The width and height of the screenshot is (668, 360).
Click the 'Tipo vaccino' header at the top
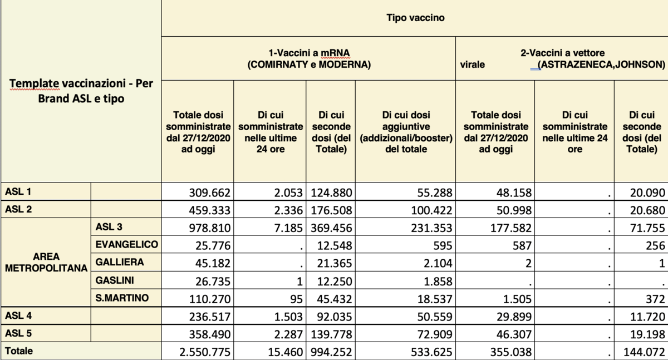click(415, 18)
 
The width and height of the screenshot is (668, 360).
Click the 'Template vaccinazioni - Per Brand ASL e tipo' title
click(81, 91)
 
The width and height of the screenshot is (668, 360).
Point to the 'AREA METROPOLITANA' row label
click(46, 262)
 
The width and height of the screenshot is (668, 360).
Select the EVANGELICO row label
click(126, 244)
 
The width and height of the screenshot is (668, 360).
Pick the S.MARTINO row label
click(122, 298)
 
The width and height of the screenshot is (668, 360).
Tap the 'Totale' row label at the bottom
click(19, 351)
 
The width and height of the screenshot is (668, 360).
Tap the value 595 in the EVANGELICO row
click(443, 245)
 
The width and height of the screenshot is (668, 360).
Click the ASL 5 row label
click(18, 333)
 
